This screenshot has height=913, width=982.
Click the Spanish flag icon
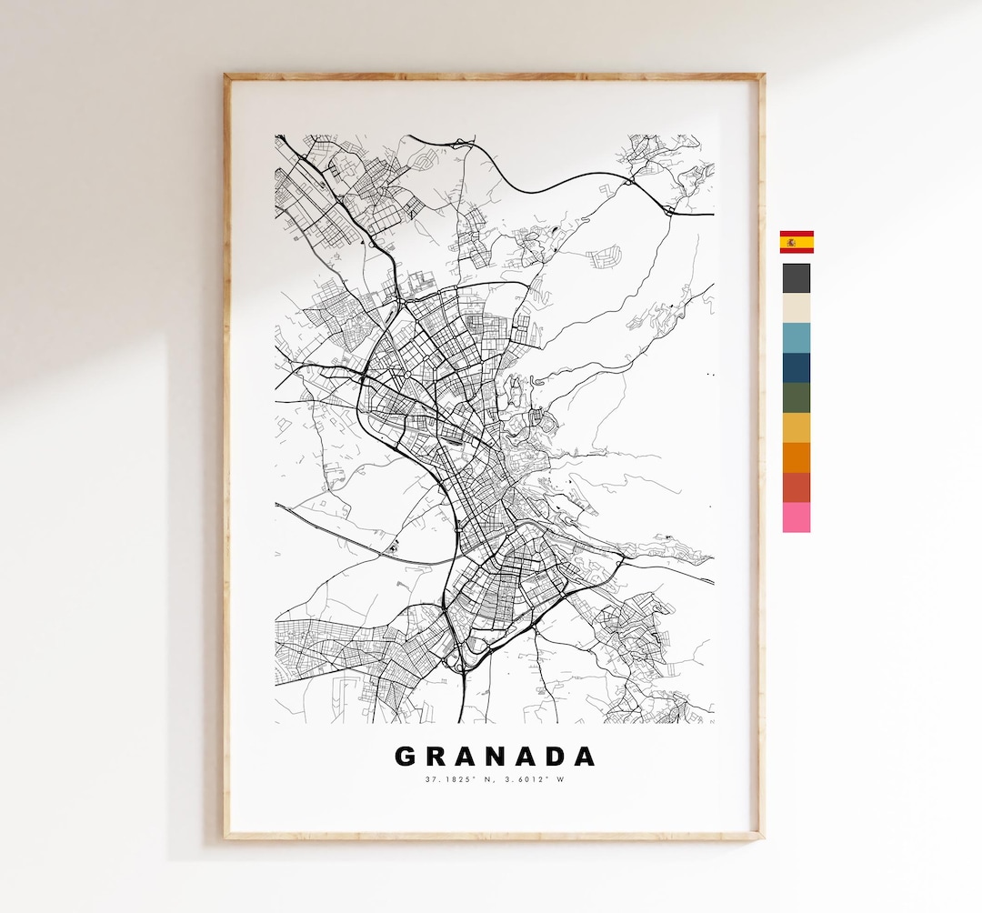797,242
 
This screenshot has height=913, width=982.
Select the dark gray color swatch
797,278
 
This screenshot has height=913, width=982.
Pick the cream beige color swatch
797,308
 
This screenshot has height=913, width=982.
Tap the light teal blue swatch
797,338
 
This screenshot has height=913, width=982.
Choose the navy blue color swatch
797,368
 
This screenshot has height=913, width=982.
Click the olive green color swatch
797,398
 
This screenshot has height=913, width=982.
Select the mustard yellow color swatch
797,428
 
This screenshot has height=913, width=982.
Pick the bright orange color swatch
797,457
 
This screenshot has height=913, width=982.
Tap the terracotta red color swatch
797,487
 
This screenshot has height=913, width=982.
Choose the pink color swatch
797,517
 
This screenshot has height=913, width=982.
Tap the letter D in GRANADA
552,757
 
